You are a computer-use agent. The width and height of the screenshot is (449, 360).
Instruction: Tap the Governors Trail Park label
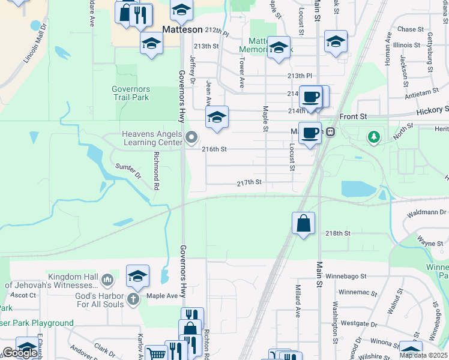coord(131,93)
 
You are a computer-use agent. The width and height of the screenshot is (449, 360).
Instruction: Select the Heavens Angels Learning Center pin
coord(192,139)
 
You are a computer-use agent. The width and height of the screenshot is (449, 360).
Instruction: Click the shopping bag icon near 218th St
coord(304,223)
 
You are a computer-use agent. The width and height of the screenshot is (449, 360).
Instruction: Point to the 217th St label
coord(249,182)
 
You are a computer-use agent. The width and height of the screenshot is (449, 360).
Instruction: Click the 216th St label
coord(214,149)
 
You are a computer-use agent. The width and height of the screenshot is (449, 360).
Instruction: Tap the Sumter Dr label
coord(127,171)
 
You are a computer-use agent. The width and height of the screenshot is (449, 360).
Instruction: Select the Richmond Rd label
coord(156,170)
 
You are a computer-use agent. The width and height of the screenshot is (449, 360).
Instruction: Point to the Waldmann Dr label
coord(425,213)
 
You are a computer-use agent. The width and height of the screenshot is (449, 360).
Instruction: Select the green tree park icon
coord(374,137)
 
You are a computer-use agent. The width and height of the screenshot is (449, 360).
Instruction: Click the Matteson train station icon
coord(330,131)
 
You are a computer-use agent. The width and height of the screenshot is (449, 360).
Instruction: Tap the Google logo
coord(20,353)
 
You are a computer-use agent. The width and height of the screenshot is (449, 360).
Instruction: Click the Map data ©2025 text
coord(424,355)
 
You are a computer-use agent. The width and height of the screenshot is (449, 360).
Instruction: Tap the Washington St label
coord(334,325)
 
